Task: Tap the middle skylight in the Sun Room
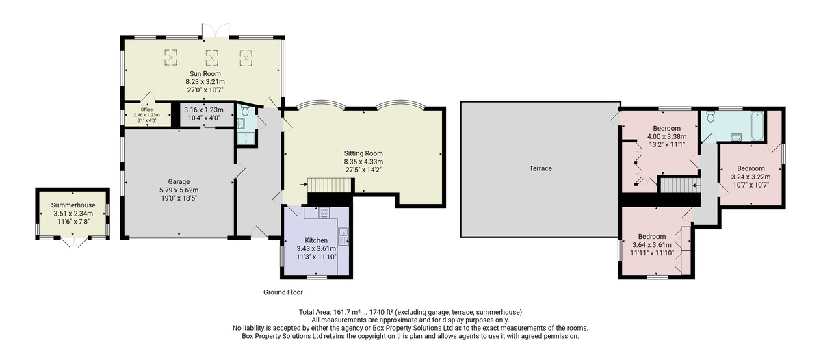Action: tap(211, 57)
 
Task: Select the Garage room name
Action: tap(179, 181)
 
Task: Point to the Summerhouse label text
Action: tap(73, 205)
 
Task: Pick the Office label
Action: tap(146, 110)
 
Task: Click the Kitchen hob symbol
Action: tap(324, 212)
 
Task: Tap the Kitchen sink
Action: tap(343, 236)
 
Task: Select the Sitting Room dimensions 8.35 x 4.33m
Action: tap(363, 162)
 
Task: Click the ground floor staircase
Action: tap(329, 185)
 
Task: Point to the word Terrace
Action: tap(540, 168)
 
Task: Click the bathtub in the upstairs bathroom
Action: tap(757, 126)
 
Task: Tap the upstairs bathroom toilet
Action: tap(711, 116)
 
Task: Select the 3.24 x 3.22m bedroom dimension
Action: tap(751, 177)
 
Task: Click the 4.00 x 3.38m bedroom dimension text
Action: tap(667, 137)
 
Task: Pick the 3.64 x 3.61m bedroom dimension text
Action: tap(653, 245)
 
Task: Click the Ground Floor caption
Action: tap(283, 292)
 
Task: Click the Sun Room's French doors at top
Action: tap(216, 31)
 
